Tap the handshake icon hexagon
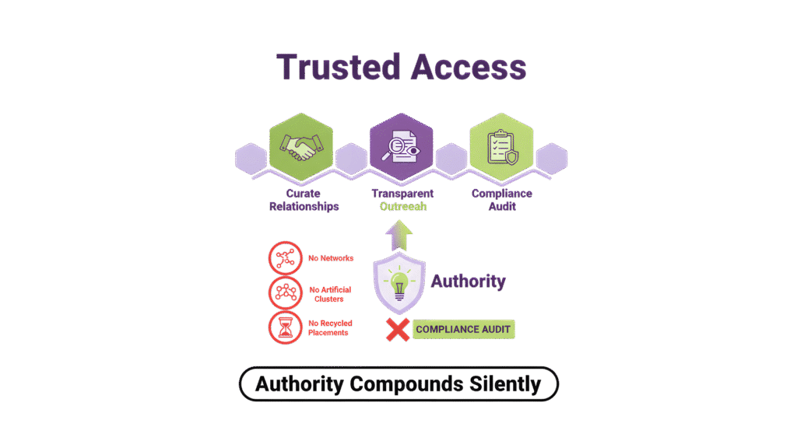[x=300, y=148]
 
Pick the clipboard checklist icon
[x=501, y=148]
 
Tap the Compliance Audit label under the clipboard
[x=502, y=200]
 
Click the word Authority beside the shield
[x=468, y=281]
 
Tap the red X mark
[x=398, y=330]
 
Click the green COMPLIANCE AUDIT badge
[x=463, y=330]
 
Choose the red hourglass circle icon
[x=283, y=327]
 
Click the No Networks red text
[x=330, y=257]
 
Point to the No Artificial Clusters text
[x=330, y=293]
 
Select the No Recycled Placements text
[x=330, y=327]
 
